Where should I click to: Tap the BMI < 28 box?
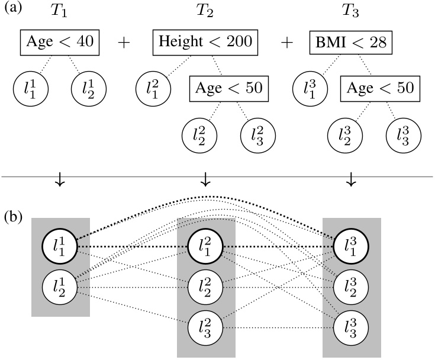tap(351, 43)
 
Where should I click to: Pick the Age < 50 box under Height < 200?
tap(228, 89)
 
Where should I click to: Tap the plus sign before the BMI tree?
tap(286, 43)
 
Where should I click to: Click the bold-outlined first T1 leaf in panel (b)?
tap(60, 246)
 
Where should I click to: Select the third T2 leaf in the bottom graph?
tap(205, 326)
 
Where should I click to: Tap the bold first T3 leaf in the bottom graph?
tap(351, 246)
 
